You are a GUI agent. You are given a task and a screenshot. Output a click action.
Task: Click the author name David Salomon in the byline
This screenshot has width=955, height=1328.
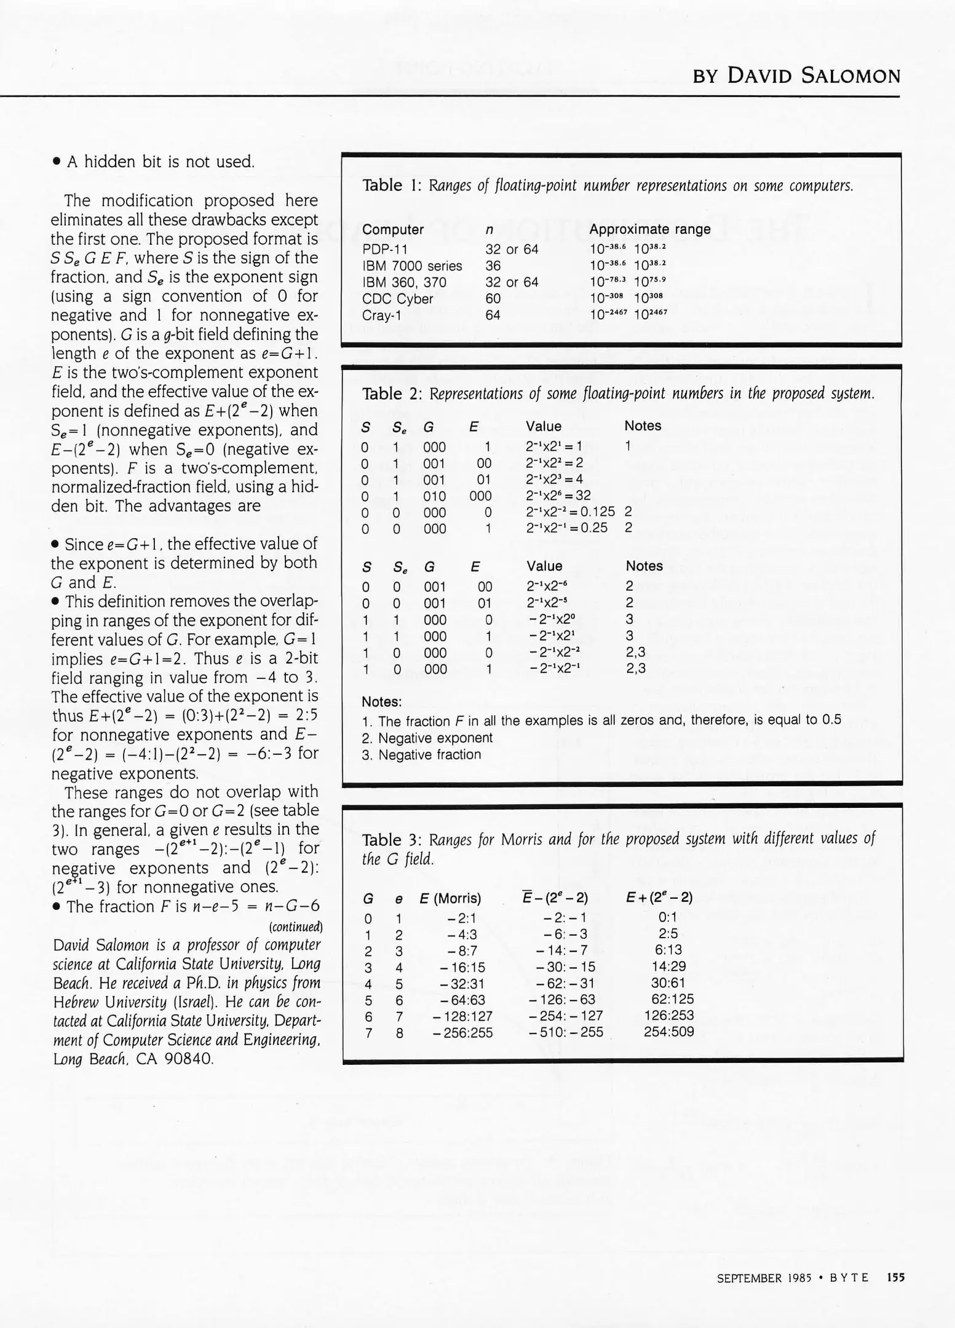pyautogui.click(x=814, y=76)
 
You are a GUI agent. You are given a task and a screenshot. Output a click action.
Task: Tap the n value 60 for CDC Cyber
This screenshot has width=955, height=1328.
pyautogui.click(x=493, y=299)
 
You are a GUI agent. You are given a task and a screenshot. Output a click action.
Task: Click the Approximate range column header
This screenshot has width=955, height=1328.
pyautogui.click(x=649, y=229)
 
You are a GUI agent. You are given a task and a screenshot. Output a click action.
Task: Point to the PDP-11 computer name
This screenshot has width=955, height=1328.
pyautogui.click(x=384, y=249)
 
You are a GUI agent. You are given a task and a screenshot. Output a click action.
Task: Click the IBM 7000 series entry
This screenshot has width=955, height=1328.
pyautogui.click(x=411, y=266)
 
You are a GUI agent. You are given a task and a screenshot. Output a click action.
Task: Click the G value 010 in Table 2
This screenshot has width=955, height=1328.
pyautogui.click(x=434, y=496)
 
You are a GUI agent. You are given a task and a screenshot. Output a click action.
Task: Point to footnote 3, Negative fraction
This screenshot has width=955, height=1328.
pyautogui.click(x=421, y=754)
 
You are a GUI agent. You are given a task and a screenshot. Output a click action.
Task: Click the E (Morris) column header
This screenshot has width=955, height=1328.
pyautogui.click(x=450, y=898)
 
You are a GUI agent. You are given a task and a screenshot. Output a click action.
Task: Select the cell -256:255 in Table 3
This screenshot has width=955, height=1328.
pyautogui.click(x=462, y=1033)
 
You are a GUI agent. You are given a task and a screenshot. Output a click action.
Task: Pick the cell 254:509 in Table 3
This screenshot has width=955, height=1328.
pyautogui.click(x=668, y=1032)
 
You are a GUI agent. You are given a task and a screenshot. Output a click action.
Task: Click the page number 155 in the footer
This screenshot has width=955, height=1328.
pyautogui.click(x=895, y=1278)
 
